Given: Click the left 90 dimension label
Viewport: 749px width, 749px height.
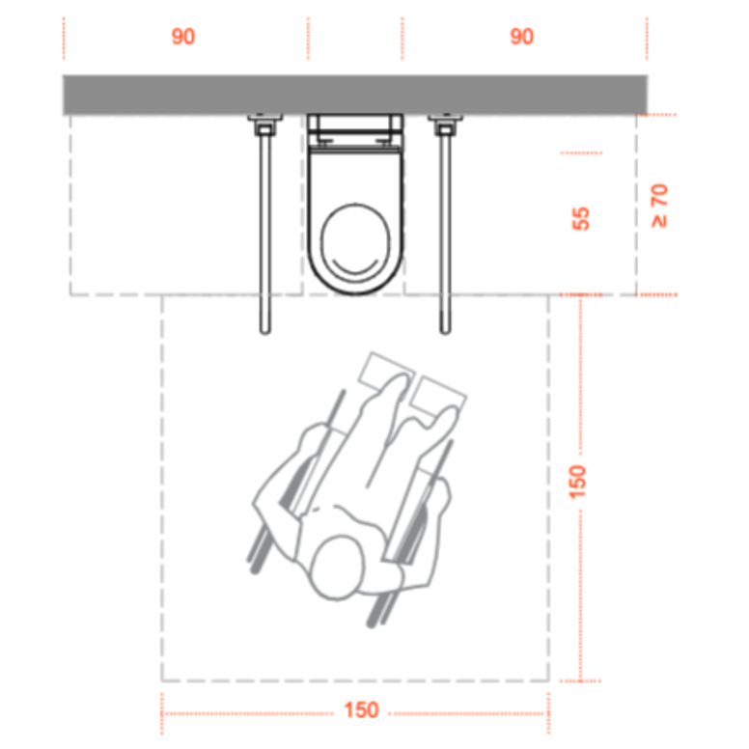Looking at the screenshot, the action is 183,37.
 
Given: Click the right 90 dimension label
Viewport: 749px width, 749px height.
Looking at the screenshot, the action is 521,37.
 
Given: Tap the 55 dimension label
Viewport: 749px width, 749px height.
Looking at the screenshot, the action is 581,219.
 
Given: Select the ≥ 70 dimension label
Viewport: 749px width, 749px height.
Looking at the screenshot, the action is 659,206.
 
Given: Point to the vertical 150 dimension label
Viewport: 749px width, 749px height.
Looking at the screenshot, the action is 577,482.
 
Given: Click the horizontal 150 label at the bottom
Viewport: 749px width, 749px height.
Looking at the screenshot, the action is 362,709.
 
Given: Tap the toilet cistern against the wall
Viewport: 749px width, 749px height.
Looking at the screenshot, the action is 355,130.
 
